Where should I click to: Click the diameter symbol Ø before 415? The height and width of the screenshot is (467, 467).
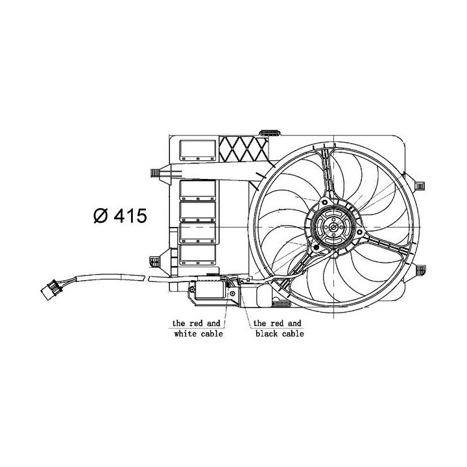[x=102, y=216]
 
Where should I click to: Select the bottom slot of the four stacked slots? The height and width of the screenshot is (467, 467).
[x=198, y=254]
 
